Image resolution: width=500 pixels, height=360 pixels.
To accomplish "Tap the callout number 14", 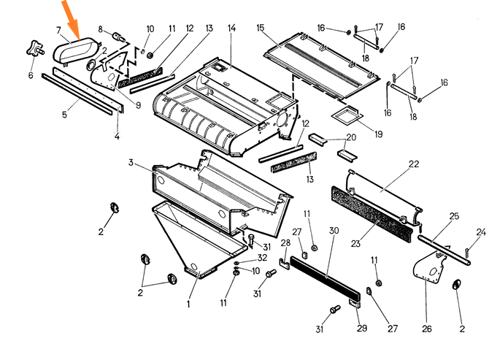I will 231,28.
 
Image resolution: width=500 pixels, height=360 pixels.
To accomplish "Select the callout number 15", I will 261,28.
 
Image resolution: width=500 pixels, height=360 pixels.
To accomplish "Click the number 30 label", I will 334,231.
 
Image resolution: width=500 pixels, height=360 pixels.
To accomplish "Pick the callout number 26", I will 426,328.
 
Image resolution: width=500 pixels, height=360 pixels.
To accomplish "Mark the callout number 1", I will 188,305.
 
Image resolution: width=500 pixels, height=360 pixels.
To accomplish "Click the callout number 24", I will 481,232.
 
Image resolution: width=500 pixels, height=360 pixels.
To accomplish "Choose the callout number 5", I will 64,114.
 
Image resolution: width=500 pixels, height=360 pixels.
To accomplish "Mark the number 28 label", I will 286,242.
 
